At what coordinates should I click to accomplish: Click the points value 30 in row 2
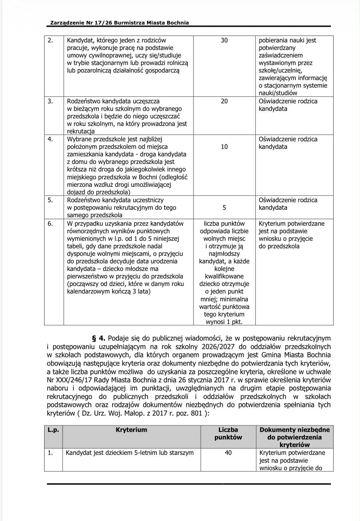224,40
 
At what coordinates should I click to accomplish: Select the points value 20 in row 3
224,101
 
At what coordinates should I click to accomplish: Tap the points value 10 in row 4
224,147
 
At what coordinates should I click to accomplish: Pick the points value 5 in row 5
224,207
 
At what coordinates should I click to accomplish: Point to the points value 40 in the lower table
228,453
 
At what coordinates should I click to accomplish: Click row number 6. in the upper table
50,223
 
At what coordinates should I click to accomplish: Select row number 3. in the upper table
50,101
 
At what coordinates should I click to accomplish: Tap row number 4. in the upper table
50,139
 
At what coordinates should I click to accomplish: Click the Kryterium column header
131,430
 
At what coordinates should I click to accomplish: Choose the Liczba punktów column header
228,433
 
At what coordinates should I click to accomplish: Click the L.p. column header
53,430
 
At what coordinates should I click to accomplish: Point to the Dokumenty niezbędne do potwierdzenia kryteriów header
294,437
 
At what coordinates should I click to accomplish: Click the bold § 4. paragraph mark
98,338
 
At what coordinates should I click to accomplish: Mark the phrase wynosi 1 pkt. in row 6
224,322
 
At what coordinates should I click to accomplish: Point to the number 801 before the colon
196,413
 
